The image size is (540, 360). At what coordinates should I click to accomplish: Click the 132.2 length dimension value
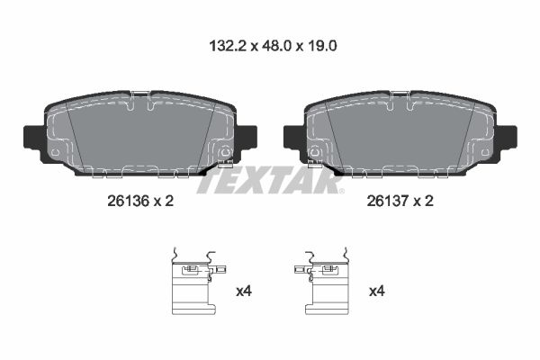tap(228, 46)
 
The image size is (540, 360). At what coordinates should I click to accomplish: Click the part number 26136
tap(128, 201)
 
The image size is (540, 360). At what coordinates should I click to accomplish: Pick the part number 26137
tap(387, 201)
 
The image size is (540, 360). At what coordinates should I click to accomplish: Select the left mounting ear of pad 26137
tap(293, 139)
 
